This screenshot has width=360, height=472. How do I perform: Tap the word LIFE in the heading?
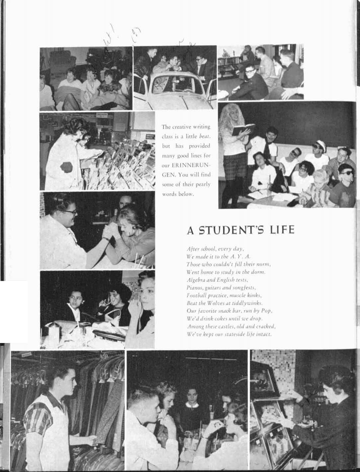(x=281, y=231)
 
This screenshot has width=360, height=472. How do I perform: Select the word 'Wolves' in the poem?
(x=208, y=303)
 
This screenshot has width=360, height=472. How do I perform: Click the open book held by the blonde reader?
(x=243, y=129)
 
